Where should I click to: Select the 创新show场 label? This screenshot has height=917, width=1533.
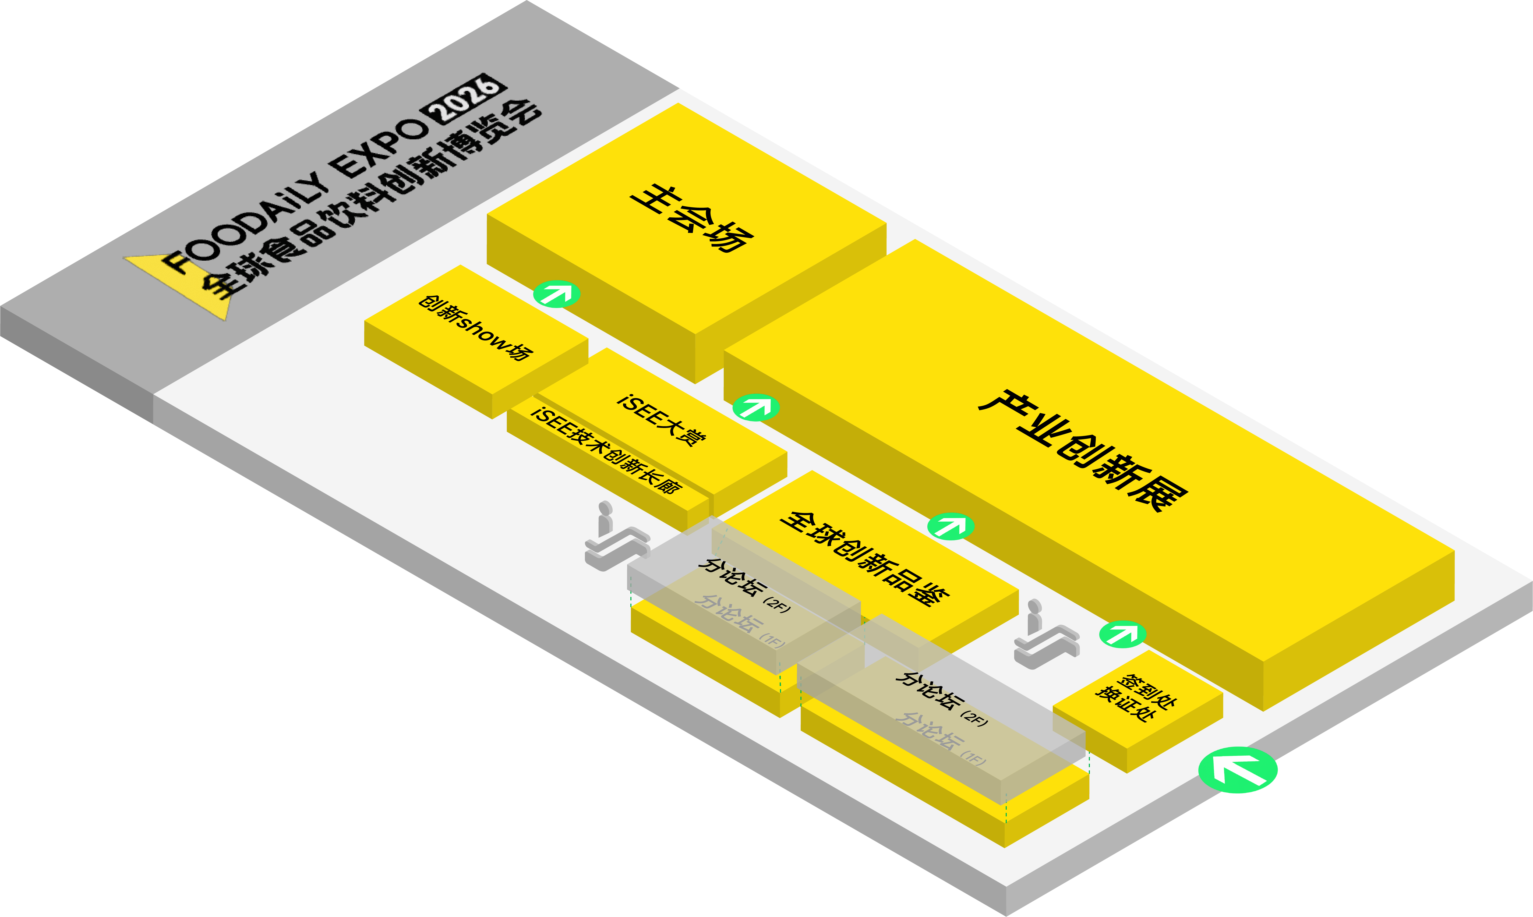point(475,328)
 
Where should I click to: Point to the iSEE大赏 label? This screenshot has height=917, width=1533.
point(661,420)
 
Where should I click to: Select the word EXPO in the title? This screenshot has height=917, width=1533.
point(380,148)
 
